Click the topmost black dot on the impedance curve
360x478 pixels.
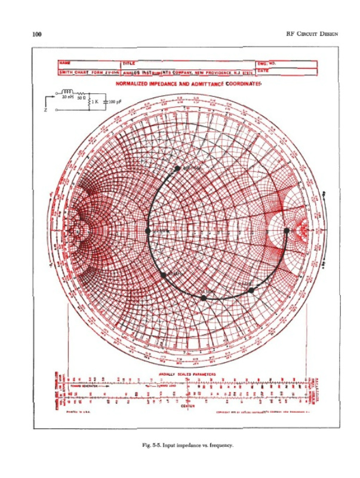(177, 168)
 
